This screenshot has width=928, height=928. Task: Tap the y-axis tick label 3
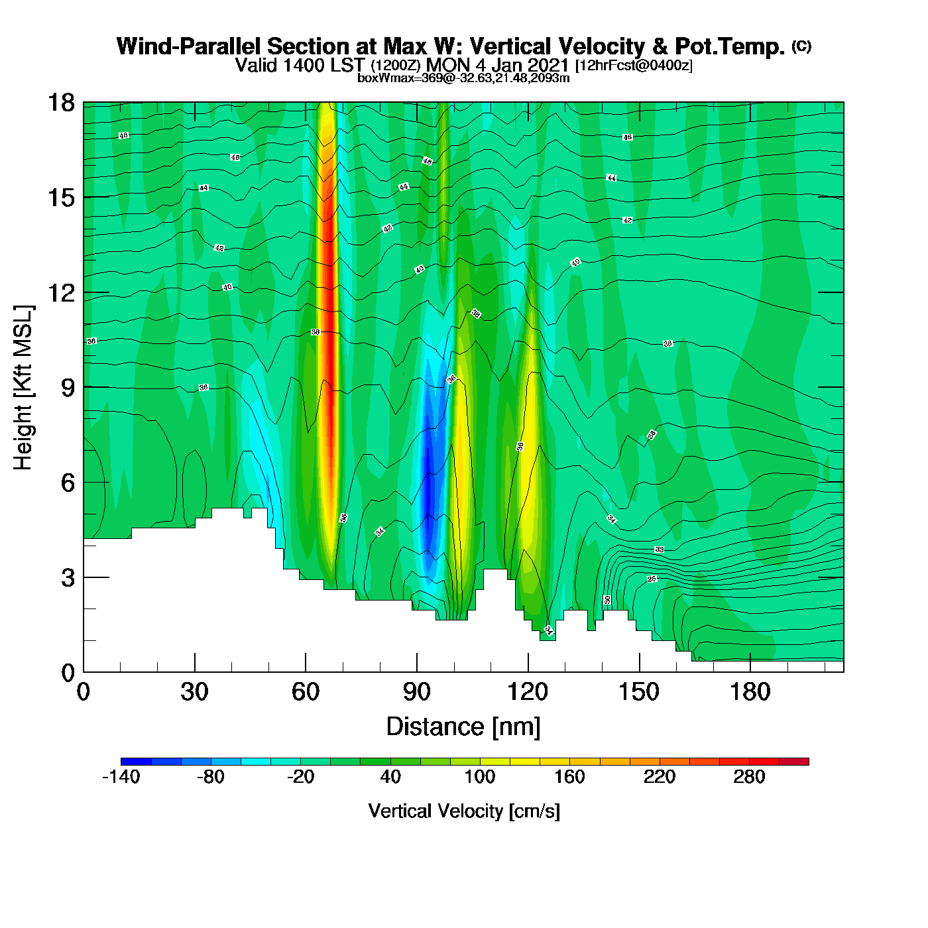pyautogui.click(x=68, y=577)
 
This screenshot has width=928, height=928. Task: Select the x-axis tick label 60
pyautogui.click(x=306, y=692)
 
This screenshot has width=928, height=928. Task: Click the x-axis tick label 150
pyautogui.click(x=639, y=692)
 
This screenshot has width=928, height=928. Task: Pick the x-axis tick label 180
pyautogui.click(x=750, y=692)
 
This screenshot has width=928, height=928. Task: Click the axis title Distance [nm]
pyautogui.click(x=463, y=726)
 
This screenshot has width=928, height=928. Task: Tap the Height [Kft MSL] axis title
pyautogui.click(x=23, y=388)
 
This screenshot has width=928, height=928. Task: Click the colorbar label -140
pyautogui.click(x=121, y=777)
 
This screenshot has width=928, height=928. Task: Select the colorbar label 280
pyautogui.click(x=749, y=777)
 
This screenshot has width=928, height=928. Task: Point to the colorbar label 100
pyautogui.click(x=480, y=777)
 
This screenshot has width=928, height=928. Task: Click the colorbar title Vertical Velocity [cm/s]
pyautogui.click(x=464, y=811)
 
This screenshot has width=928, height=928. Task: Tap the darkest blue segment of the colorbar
pyautogui.click(x=136, y=762)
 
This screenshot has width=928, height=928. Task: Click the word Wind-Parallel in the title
pyautogui.click(x=189, y=46)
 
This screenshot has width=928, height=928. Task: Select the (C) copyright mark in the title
pyautogui.click(x=801, y=46)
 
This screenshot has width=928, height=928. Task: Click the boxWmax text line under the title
pyautogui.click(x=463, y=78)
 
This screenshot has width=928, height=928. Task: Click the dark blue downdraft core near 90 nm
pyautogui.click(x=428, y=487)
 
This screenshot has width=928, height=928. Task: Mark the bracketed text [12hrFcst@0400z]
pyautogui.click(x=634, y=66)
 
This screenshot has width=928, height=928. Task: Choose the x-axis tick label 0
pyautogui.click(x=84, y=692)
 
